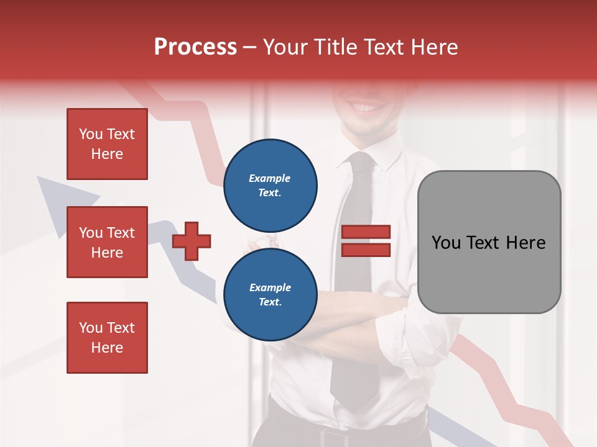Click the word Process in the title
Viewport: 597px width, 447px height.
pos(195,47)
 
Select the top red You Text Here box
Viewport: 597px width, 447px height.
pos(107,144)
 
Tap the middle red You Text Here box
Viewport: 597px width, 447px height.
pos(107,242)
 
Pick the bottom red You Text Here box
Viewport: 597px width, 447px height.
pos(107,337)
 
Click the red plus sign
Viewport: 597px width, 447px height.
pos(192,241)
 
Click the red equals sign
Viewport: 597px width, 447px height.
pos(366,241)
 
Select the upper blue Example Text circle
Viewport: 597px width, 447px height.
pos(270,185)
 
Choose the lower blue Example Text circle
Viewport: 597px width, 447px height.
pos(270,294)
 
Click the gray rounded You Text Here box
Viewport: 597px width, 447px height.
pos(489,242)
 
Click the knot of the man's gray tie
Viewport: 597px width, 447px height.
pos(361,162)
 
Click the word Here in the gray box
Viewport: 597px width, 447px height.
pos(527,243)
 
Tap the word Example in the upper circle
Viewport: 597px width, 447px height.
pos(270,178)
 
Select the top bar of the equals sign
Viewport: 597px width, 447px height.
pos(366,232)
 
